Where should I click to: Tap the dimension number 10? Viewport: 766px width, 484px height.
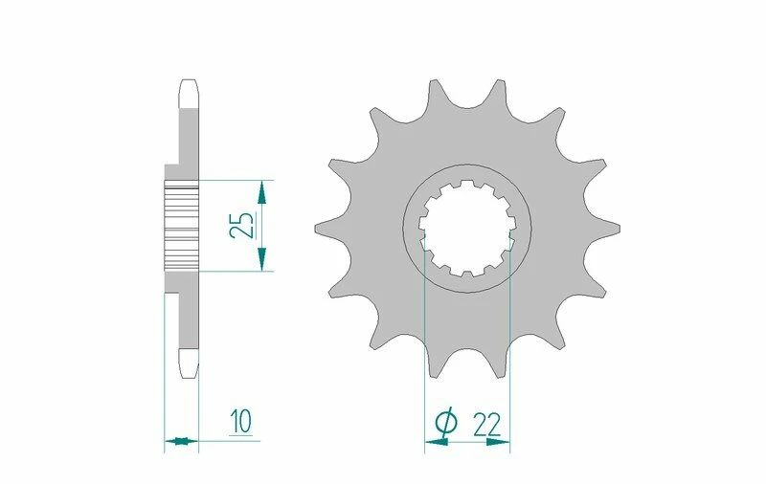coord(239,420)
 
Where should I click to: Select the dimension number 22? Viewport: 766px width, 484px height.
coord(485,422)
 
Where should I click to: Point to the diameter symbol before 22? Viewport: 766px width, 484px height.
coord(445,422)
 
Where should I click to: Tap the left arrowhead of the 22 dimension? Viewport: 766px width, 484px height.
coord(434,442)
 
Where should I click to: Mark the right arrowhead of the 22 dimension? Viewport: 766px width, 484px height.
coord(501,442)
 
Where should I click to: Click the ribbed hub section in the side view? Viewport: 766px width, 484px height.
coord(181,225)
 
